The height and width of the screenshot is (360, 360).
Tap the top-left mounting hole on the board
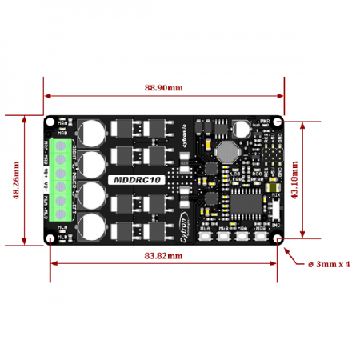(x=51, y=122)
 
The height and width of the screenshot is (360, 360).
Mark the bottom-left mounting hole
(x=51, y=238)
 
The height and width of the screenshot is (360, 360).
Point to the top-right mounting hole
(x=277, y=122)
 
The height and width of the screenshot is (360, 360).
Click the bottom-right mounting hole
(x=277, y=238)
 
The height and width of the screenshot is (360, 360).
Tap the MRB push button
(x=261, y=238)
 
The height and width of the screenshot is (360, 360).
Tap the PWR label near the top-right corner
(x=265, y=121)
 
